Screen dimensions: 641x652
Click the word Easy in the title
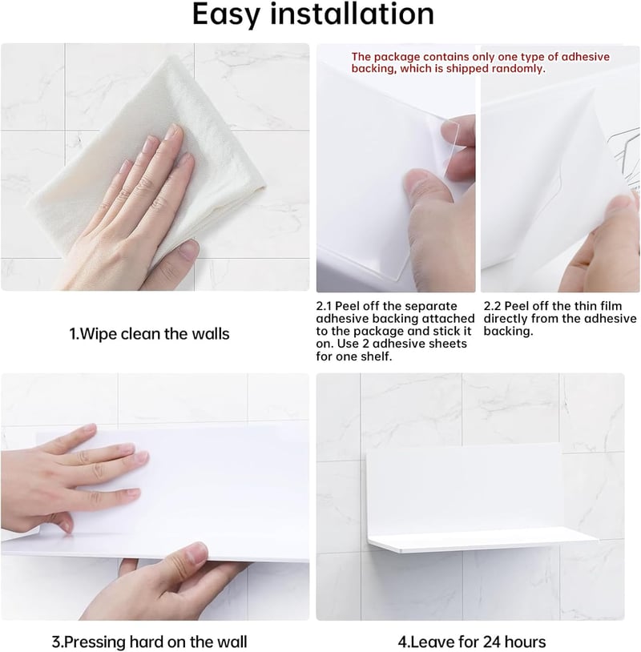(x=226, y=15)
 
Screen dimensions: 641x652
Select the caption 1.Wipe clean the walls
(x=149, y=334)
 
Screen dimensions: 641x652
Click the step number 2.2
(x=492, y=306)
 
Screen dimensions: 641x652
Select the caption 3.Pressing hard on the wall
(x=149, y=642)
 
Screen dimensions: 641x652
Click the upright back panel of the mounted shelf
(x=464, y=490)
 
